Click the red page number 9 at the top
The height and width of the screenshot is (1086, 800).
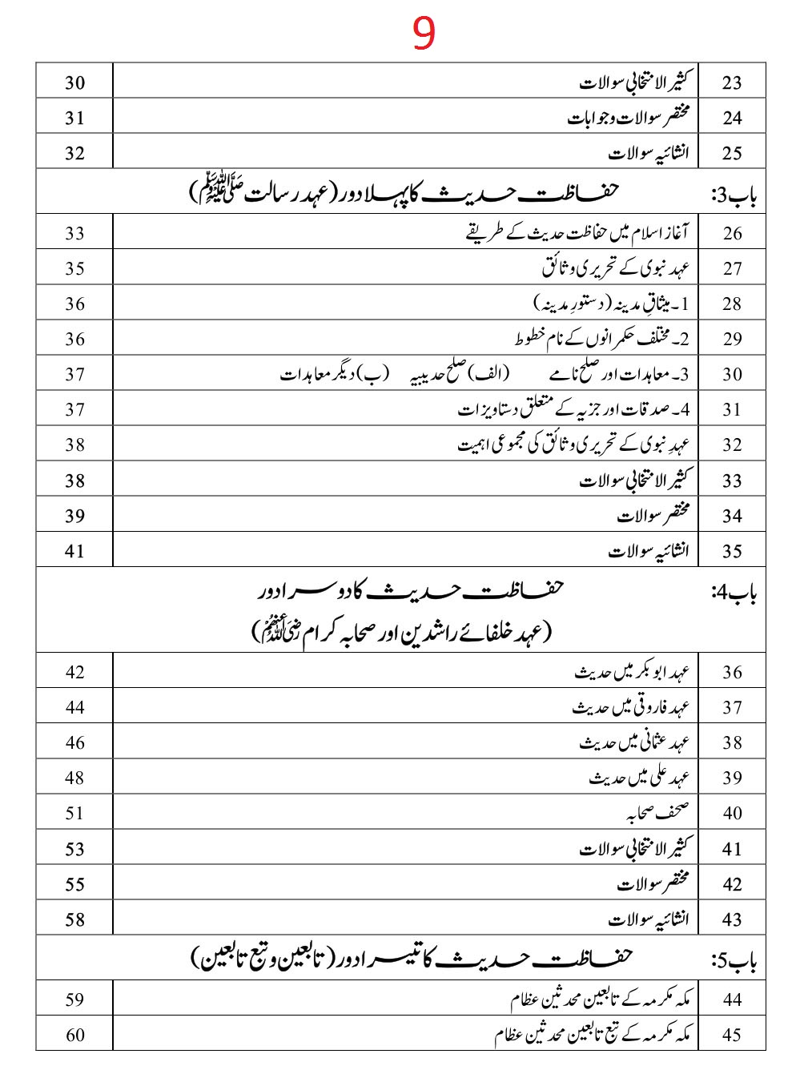point(424,34)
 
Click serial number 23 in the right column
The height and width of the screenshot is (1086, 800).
point(732,82)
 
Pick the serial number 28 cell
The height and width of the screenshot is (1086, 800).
point(732,304)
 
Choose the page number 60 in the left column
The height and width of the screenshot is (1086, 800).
point(74,1034)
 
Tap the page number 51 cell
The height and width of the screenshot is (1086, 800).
point(74,813)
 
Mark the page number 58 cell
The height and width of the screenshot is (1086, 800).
point(74,919)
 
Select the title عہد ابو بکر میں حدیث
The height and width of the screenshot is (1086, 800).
point(632,672)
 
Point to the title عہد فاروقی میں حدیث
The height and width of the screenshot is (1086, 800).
point(631,707)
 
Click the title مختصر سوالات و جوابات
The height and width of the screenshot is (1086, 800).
point(629,118)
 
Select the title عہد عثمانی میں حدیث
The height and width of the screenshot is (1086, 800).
point(634,742)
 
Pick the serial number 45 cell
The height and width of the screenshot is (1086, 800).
point(732,1034)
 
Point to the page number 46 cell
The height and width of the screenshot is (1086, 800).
point(74,742)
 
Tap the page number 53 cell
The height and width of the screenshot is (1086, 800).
point(74,848)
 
